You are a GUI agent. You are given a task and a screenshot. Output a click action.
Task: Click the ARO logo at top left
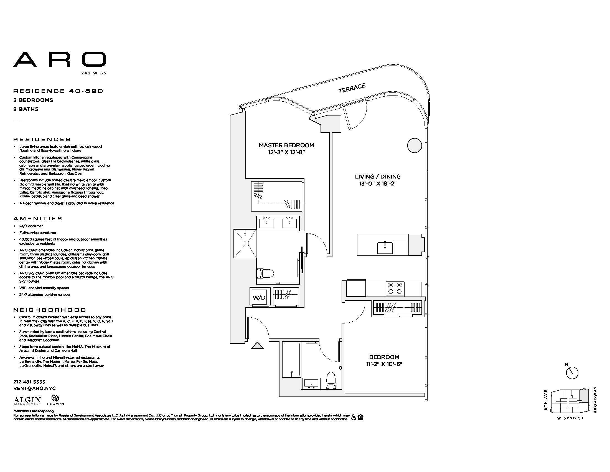60,59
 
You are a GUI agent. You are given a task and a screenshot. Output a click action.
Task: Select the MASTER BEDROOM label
286,145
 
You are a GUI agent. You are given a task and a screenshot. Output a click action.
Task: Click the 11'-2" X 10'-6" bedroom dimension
384,364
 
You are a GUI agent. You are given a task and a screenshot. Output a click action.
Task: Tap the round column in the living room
415,145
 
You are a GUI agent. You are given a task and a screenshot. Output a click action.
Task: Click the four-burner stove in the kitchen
395,288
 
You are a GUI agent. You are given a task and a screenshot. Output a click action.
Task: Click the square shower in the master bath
245,243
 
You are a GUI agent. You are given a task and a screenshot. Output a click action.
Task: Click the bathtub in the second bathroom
292,359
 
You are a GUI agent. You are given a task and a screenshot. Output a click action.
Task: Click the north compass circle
572,373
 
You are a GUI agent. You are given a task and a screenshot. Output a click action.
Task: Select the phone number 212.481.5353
29,382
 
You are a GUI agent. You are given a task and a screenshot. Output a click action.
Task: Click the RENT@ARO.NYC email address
35,388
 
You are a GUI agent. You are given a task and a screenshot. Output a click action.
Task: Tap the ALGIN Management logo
27,401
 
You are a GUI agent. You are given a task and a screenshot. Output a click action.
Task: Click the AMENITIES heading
38,219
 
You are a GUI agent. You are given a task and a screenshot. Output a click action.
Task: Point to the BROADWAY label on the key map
595,400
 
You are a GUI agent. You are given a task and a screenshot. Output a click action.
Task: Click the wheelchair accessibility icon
354,418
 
